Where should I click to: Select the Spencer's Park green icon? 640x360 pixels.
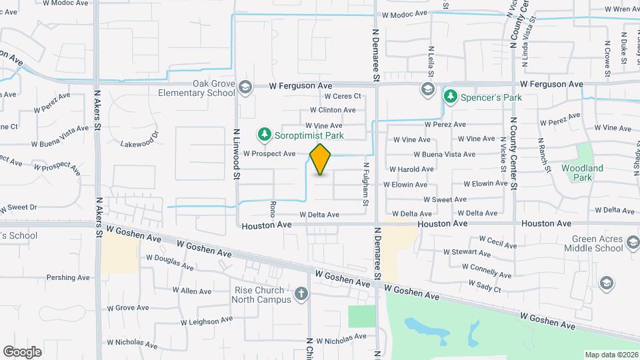tap(451, 97)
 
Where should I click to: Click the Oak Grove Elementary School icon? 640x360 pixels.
tap(245, 88)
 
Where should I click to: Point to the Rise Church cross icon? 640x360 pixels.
tap(301, 293)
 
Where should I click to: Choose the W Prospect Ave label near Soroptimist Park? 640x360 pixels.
tap(269, 153)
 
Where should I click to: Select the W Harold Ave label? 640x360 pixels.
tap(412, 169)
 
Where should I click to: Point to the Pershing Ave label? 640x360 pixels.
tap(68, 277)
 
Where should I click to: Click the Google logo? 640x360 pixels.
tap(22, 351)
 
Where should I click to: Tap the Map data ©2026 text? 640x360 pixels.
tap(611, 355)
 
